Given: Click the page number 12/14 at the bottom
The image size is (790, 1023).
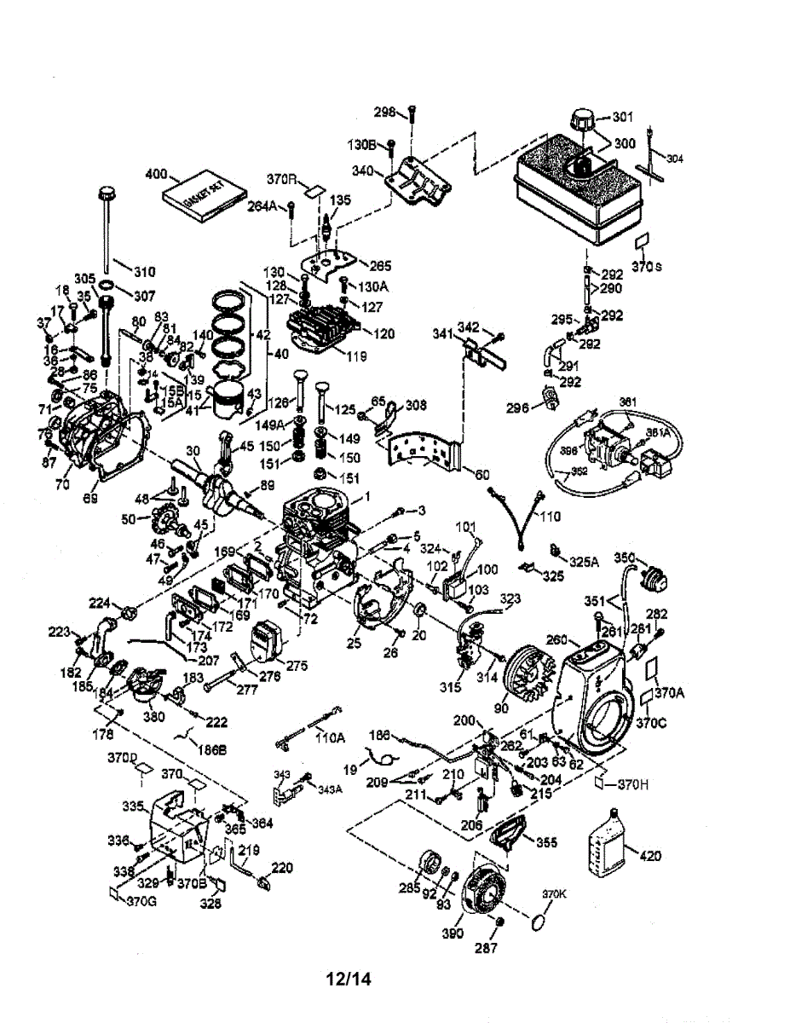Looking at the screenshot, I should coord(349,980).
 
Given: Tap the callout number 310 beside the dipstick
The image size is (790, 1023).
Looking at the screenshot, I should coord(144,272).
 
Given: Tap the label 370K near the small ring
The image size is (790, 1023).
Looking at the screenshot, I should coord(554,894).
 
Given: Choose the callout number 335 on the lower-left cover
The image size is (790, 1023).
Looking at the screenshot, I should coord(132,805).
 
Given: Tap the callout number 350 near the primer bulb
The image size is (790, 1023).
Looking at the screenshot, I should coord(626,558).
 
